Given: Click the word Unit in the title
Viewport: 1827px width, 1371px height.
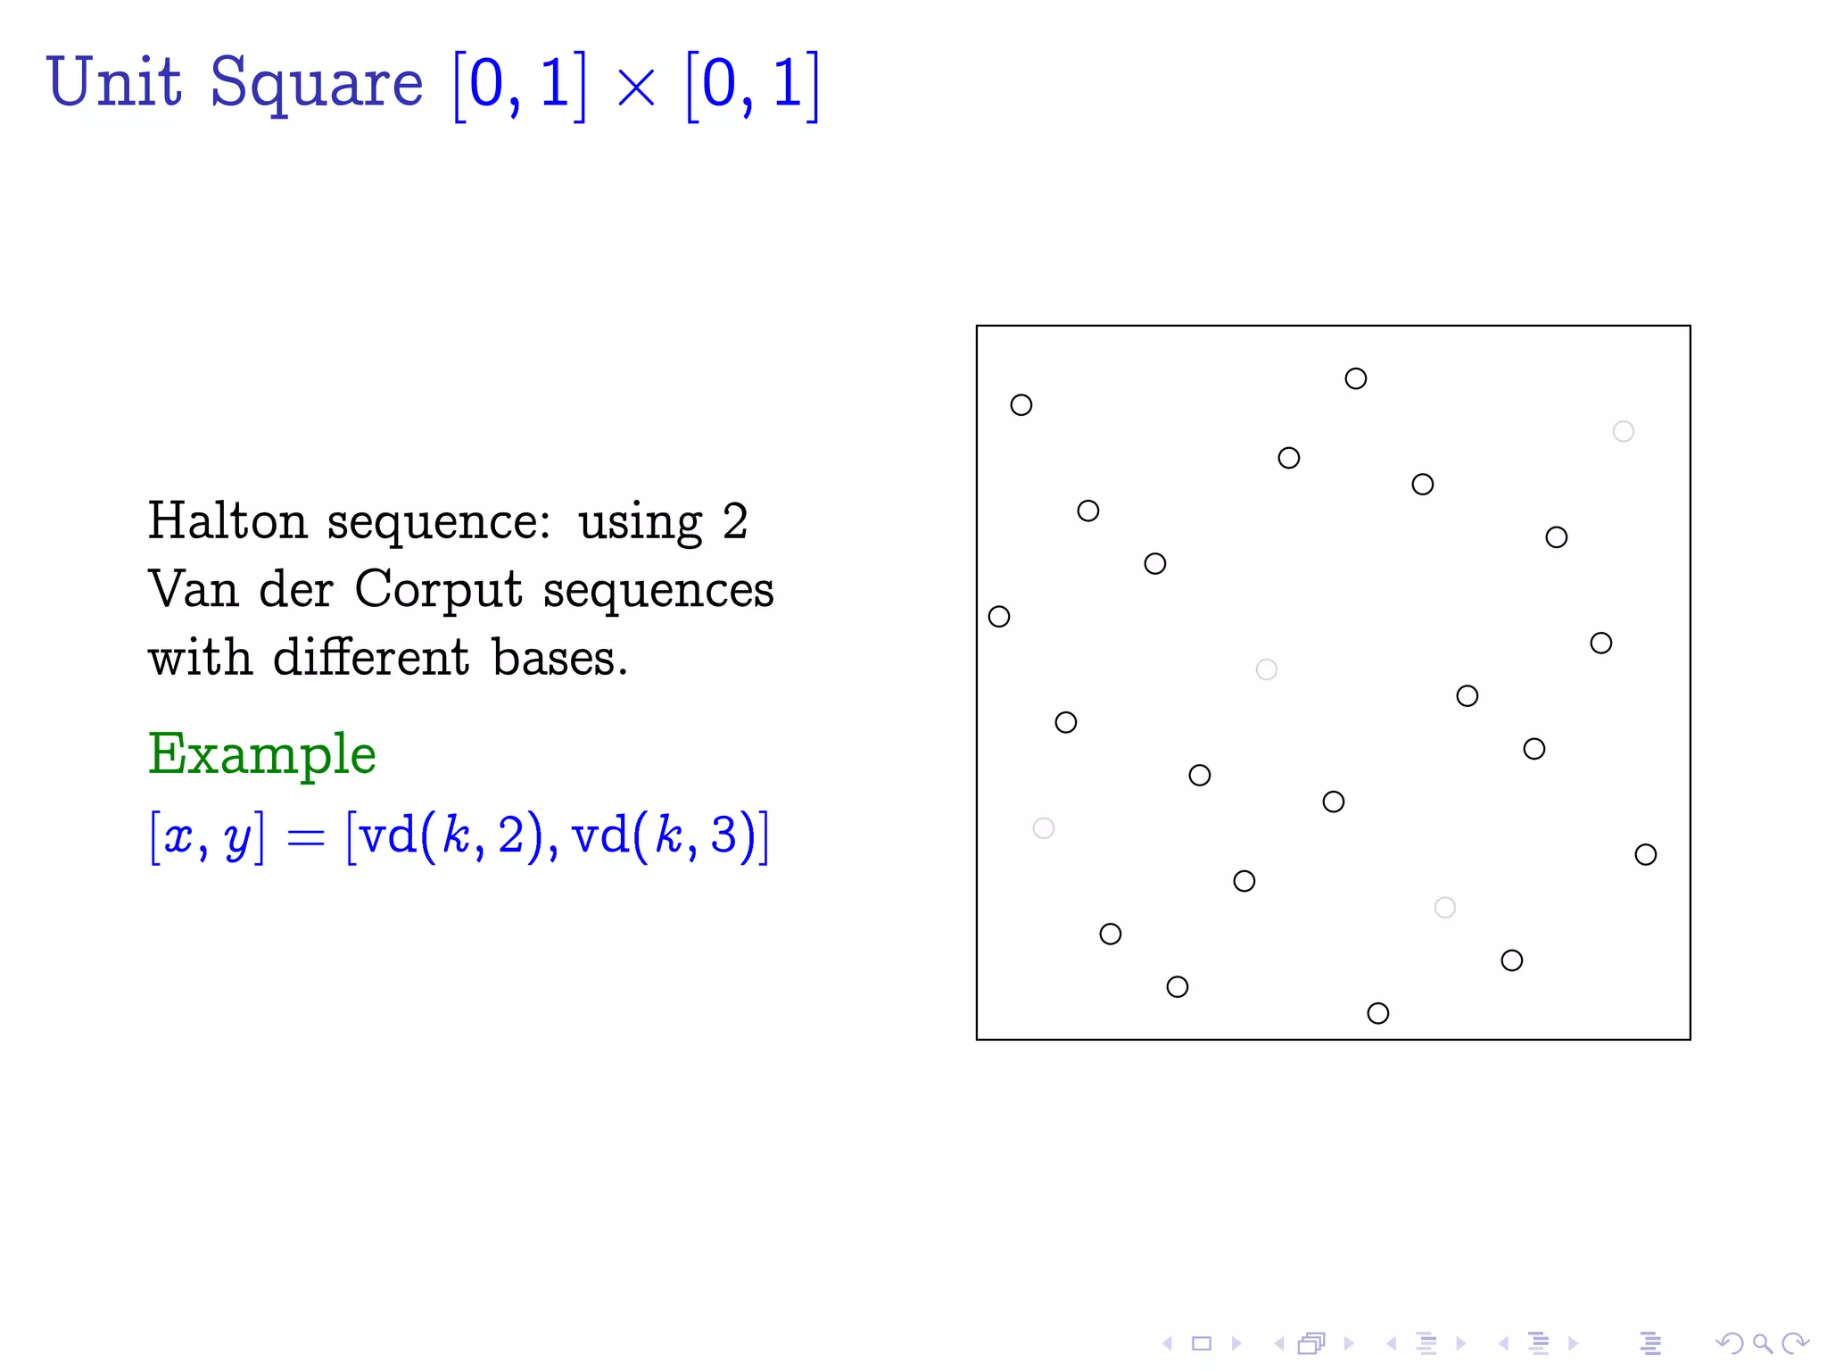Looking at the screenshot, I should click(114, 82).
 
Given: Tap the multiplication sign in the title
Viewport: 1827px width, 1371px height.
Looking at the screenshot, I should click(636, 89).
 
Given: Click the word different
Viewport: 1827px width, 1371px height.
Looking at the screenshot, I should click(370, 658).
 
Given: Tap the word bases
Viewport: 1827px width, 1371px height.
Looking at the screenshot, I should click(560, 658).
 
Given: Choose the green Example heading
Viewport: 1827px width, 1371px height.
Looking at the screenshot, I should click(261, 754).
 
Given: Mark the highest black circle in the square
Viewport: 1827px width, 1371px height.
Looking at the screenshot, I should click(1355, 378).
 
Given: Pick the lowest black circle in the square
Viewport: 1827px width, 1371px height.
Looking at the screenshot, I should click(1377, 1013).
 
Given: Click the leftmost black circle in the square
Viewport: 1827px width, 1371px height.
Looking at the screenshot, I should click(999, 617).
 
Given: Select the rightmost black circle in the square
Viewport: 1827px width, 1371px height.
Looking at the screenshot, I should click(1645, 854).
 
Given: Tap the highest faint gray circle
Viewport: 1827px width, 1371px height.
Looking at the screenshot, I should click(1623, 432).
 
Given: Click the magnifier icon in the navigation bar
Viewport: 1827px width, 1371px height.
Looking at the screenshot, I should click(1761, 1343).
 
